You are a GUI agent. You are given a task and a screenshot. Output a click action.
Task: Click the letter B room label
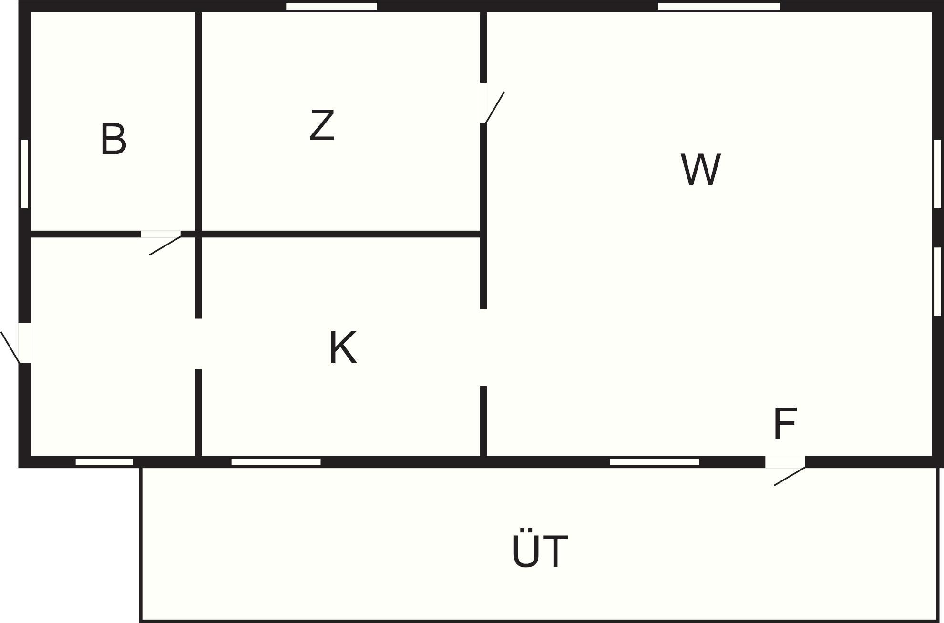[x=113, y=139]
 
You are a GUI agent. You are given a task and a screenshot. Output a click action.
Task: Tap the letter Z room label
[x=322, y=125]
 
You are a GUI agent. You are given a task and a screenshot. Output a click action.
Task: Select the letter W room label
[x=700, y=169]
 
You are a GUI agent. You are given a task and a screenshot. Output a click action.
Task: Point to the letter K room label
[x=343, y=347]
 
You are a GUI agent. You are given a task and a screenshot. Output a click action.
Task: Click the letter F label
[x=784, y=423]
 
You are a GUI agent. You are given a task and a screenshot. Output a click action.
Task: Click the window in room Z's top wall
[x=331, y=6]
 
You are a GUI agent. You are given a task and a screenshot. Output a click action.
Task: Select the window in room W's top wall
[x=718, y=6]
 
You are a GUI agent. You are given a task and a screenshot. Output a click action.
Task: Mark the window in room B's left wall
[x=24, y=174]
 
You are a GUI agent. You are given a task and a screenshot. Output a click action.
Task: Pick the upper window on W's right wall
[x=937, y=174]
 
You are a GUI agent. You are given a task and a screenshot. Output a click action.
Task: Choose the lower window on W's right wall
[x=937, y=281]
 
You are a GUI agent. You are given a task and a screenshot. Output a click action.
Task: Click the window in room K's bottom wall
[x=276, y=461]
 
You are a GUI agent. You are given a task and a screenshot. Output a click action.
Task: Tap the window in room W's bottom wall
[x=654, y=461]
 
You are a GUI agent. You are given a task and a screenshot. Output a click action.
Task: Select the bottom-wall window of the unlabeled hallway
[x=104, y=461]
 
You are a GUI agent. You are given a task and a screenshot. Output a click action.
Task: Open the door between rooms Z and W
[x=483, y=103]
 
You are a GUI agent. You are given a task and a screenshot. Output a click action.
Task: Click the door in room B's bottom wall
[x=161, y=234]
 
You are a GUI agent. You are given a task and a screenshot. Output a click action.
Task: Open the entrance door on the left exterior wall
[x=24, y=343]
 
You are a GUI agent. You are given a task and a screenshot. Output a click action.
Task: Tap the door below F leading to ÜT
[x=785, y=462]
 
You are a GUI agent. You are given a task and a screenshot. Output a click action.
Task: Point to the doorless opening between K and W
[x=483, y=347]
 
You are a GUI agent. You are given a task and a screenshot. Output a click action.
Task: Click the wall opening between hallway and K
[x=198, y=344]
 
